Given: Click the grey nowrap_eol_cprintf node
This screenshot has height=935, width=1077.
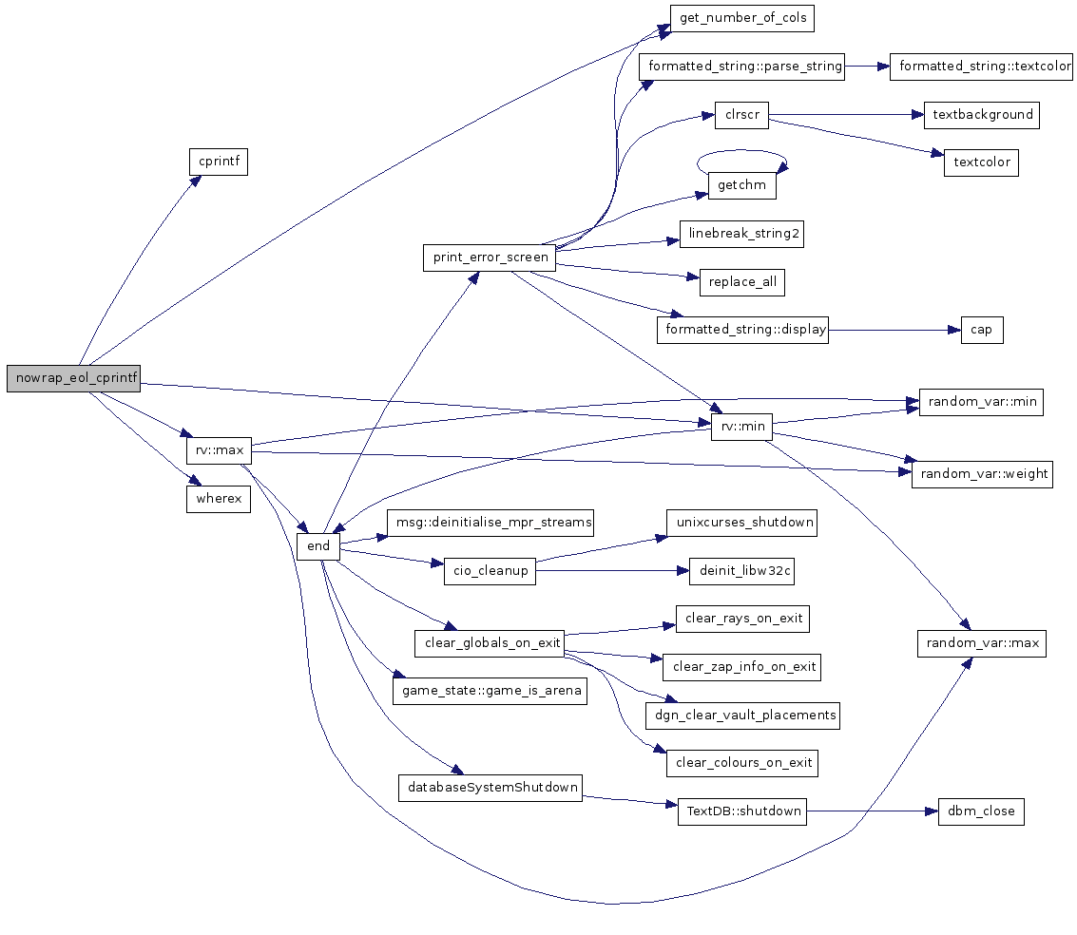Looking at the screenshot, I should pos(73,377).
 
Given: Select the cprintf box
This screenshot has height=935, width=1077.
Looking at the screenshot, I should pos(218,162).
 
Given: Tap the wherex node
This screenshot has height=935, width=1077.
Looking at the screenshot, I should pos(218,499).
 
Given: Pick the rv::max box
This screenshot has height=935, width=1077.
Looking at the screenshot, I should pos(218,448).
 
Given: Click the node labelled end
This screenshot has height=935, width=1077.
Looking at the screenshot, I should pos(318,545).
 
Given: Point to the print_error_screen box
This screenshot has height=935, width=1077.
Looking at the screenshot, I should pos(490,258).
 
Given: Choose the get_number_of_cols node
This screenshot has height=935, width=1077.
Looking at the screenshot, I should pos(742,17).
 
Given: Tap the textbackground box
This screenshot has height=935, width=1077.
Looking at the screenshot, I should pos(982,114).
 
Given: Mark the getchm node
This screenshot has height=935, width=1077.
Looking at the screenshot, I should pos(741,185).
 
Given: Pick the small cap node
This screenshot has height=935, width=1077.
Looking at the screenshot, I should pos(982,330).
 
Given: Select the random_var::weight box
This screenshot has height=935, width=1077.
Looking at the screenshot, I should pos(982,473).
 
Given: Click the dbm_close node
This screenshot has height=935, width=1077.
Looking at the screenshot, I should pos(981,811).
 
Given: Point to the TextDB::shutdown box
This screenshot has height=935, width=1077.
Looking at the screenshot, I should pos(741,811).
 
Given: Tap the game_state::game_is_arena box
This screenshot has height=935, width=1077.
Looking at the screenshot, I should pos(490,690).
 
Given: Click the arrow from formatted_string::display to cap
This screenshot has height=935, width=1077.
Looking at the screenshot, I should pos(894,330).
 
